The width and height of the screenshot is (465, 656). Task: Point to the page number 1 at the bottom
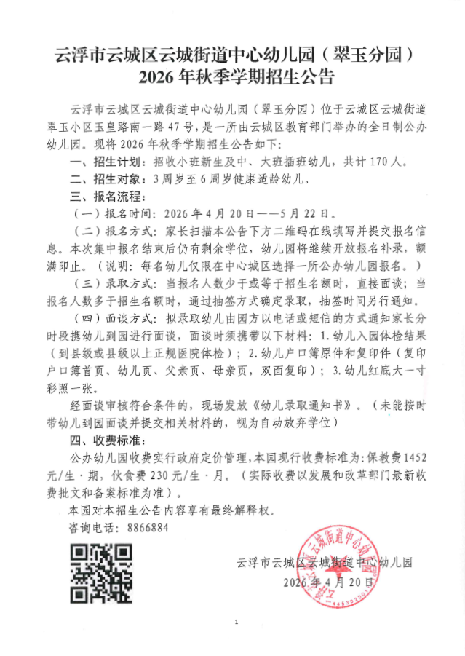[237, 621]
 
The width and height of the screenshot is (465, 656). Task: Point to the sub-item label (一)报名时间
[114, 214]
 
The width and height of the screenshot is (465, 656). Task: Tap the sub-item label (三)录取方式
[114, 283]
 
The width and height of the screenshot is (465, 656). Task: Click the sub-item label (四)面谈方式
[114, 318]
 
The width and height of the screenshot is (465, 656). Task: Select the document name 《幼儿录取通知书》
[306, 405]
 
